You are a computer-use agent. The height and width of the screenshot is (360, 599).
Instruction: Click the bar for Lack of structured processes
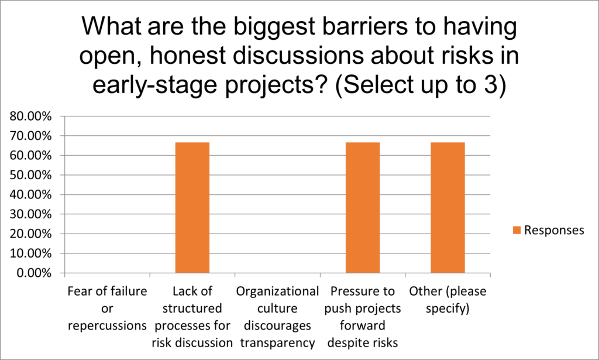click(192, 208)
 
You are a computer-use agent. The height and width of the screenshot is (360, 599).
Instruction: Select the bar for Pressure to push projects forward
click(363, 208)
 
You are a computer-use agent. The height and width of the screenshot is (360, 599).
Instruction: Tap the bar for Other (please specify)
click(447, 208)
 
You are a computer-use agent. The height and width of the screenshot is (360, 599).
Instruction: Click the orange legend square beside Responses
click(517, 230)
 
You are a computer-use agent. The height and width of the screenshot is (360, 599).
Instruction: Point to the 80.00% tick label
click(30, 116)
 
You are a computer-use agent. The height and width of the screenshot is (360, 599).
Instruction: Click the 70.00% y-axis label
click(30, 136)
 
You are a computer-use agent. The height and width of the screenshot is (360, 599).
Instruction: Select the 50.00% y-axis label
click(30, 175)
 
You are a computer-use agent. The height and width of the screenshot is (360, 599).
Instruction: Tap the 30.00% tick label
click(30, 214)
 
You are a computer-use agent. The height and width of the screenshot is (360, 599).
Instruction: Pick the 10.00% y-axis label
click(30, 253)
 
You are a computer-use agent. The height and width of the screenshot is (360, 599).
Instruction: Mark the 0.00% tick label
click(33, 273)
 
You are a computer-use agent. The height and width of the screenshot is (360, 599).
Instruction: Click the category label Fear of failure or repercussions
click(108, 308)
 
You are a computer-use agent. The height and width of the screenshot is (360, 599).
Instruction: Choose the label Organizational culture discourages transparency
click(277, 317)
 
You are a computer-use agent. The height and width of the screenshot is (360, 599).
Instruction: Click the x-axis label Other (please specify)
click(447, 300)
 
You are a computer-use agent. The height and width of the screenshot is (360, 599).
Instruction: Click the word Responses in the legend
click(554, 230)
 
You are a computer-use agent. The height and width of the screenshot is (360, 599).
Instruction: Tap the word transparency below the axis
click(277, 343)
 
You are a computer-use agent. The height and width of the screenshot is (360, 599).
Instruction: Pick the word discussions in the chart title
click(298, 56)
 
